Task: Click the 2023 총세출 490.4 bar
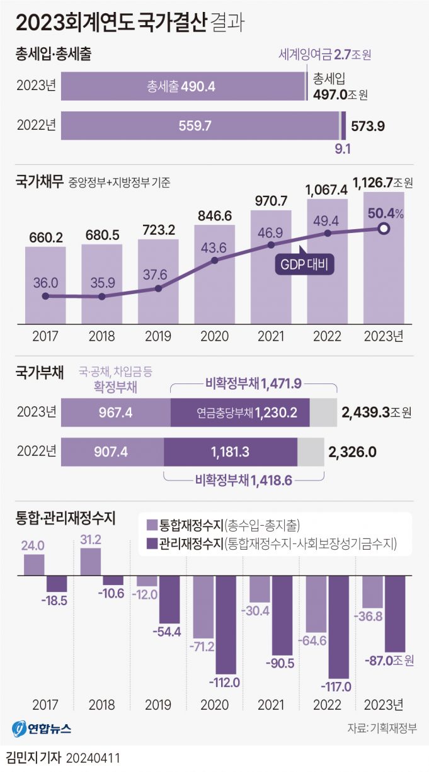click(x=183, y=86)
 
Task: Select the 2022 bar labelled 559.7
click(x=200, y=125)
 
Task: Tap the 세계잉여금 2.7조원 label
click(x=324, y=55)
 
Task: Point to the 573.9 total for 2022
click(x=367, y=125)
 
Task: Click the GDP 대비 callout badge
click(x=304, y=265)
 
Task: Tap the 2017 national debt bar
click(x=45, y=283)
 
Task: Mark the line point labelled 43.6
click(x=215, y=259)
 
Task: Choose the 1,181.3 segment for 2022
click(x=231, y=451)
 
